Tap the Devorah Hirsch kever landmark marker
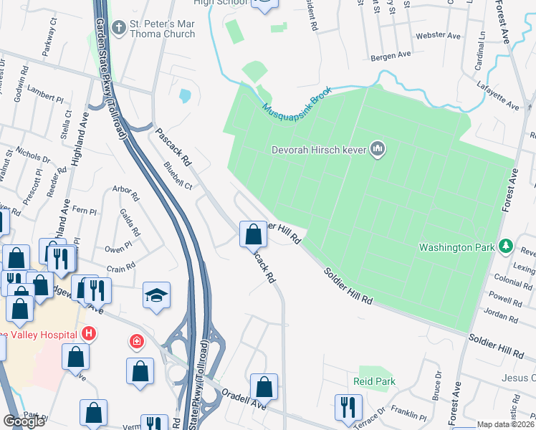pos(378,150)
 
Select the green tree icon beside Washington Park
pos(507,247)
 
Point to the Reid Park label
pos(374,381)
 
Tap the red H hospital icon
pos(89,333)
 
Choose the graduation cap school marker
pos(156,295)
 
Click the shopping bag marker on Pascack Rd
pos(252,234)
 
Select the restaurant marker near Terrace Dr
pos(348,408)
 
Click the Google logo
pos(24,421)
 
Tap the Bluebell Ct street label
pos(178,176)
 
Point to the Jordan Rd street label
pos(501,312)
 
